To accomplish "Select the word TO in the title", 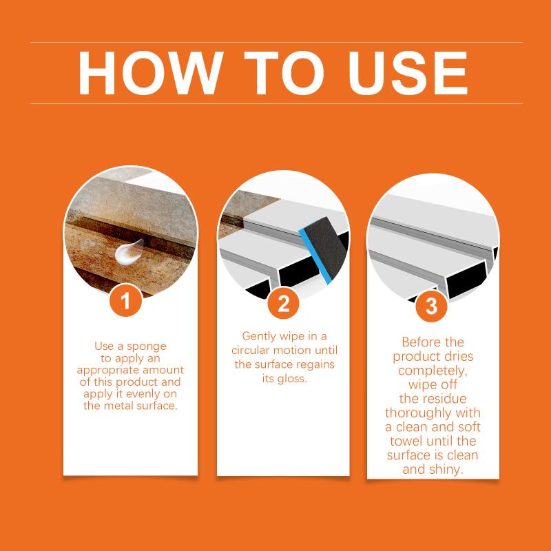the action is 284,73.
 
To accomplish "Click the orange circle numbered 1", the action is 125,300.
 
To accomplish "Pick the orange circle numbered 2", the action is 283,303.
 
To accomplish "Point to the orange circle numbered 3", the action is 431,306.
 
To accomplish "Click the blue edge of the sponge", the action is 315,256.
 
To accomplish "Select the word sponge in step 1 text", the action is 147,347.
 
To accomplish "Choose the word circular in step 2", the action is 251,351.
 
